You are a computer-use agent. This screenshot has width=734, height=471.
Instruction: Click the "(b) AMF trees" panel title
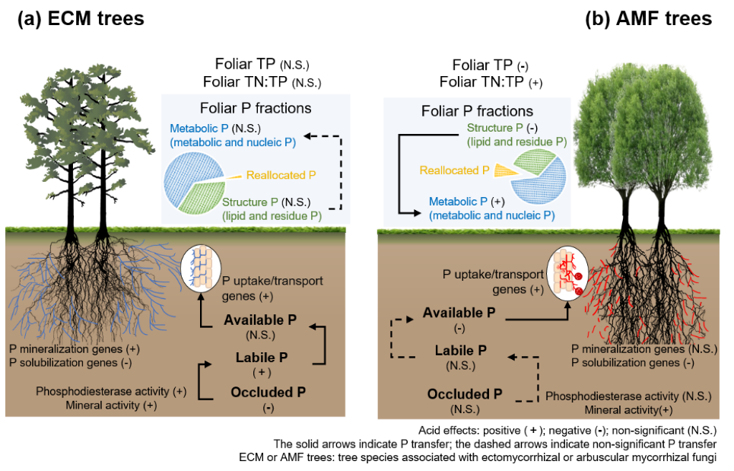pyautogui.click(x=649, y=20)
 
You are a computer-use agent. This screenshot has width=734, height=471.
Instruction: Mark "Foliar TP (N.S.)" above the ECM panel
pyautogui.click(x=263, y=65)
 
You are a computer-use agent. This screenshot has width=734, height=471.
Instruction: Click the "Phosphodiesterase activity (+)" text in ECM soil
pyautogui.click(x=111, y=391)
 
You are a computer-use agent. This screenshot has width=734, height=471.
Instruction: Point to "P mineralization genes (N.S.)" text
pyautogui.click(x=640, y=348)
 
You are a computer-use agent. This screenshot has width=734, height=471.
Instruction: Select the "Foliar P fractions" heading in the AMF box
pyautogui.click(x=477, y=111)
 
